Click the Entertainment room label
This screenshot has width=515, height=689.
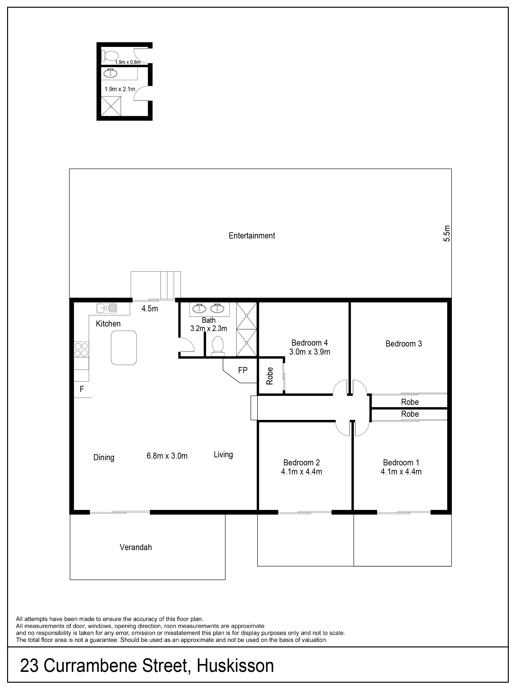point(252,236)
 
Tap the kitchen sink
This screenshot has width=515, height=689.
point(106,308)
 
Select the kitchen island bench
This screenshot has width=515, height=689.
point(124,348)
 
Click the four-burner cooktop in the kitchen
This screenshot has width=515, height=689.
point(81,349)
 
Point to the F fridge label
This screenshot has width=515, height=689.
point(82,389)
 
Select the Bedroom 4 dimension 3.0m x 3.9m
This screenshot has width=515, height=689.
point(309,352)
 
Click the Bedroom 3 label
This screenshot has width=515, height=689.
point(404,344)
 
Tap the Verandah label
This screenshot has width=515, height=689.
point(136,547)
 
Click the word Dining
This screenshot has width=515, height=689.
point(104,458)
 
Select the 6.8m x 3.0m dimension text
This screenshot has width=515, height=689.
point(167,456)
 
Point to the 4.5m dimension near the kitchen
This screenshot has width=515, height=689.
point(150,309)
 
